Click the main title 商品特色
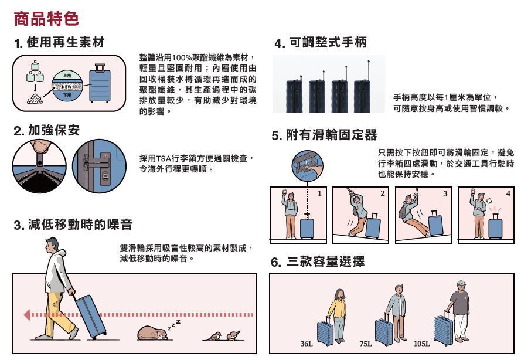(46, 18)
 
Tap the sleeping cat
(153, 333)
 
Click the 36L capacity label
(307, 344)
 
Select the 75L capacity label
(366, 344)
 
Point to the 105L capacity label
(421, 344)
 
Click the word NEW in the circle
(67, 86)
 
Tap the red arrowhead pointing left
(27, 314)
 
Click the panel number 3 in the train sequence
(445, 193)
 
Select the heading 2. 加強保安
(47, 130)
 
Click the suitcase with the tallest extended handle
(362, 94)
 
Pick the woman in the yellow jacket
(338, 315)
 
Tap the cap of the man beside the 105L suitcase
(462, 283)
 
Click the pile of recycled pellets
(35, 99)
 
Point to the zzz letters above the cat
(175, 324)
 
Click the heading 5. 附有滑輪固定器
(324, 135)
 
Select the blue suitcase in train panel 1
(307, 226)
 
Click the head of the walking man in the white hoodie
(51, 245)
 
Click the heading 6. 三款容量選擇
(318, 261)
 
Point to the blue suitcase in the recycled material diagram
(100, 84)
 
